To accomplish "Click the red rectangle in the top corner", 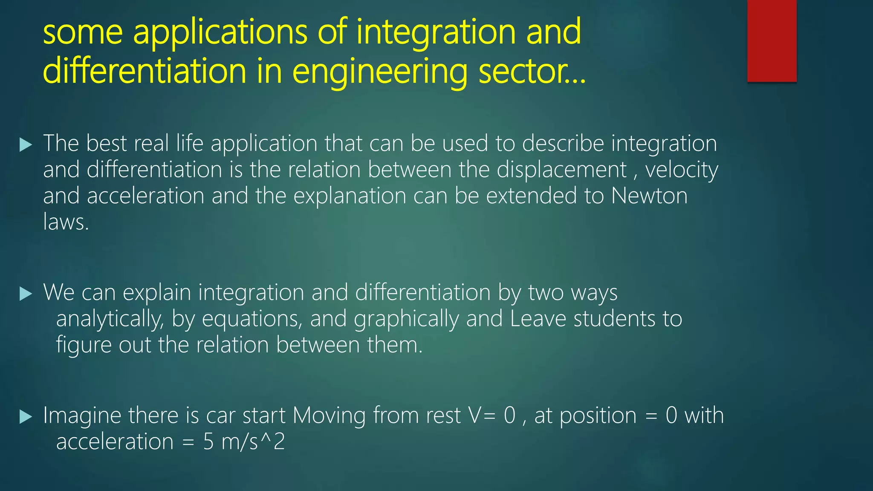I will tap(772, 40).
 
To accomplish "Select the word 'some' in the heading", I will tap(83, 32).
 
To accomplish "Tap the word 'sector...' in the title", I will tap(532, 72).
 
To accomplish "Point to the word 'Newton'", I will tap(649, 196).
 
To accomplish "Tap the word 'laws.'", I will tap(66, 222).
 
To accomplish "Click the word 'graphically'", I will tap(406, 319).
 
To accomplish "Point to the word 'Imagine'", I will tap(82, 416).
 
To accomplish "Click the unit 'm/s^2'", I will tap(253, 442).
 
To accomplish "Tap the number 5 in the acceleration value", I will tap(208, 442).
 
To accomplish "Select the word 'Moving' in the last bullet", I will tap(329, 416).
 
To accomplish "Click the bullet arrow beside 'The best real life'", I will tap(26, 145).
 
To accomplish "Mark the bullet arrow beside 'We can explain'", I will tap(26, 294).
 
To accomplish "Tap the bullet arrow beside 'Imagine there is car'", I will tap(26, 417).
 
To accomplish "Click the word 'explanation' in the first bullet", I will tap(349, 196).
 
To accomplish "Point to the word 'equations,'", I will tap(252, 319).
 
